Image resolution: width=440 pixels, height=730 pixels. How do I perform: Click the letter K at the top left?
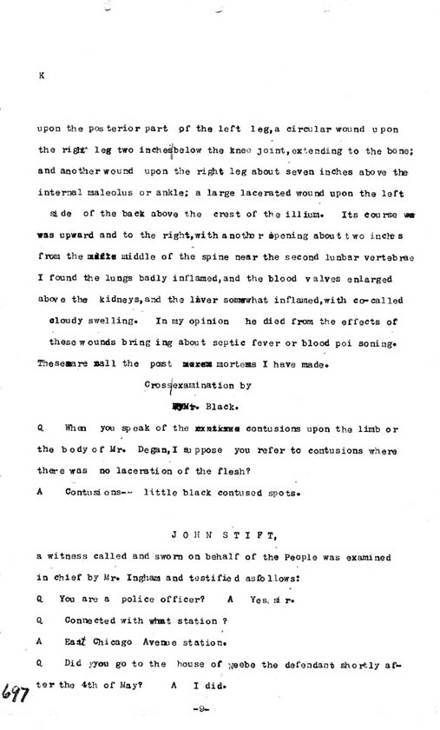tap(41, 76)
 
